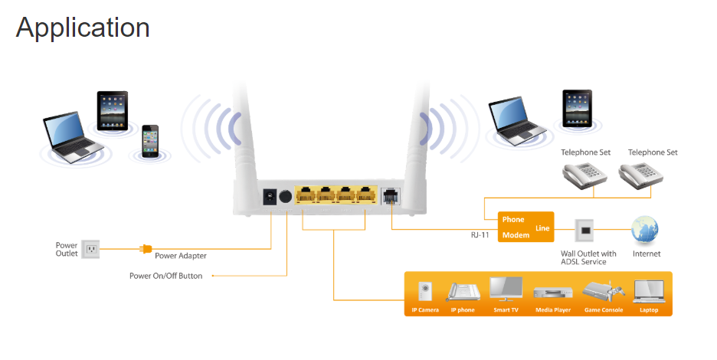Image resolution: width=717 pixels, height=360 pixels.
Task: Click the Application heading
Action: pos(83,27)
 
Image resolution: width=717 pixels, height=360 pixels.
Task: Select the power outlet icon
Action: pos(90,249)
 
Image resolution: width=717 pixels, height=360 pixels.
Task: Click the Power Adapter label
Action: pos(181,256)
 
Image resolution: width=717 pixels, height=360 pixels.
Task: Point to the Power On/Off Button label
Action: pos(166,276)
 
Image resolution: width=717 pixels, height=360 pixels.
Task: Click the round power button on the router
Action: pos(286,195)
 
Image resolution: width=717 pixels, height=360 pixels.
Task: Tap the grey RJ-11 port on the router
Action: pos(389,196)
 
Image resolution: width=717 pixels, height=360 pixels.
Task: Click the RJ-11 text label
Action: pos(480,236)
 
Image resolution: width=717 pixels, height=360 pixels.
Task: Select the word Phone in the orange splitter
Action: pos(513,220)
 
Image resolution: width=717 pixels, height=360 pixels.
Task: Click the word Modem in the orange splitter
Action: pos(516,235)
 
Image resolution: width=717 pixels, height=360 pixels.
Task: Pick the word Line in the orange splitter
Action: pos(542,227)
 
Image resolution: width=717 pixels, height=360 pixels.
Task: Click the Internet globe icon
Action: pos(645,230)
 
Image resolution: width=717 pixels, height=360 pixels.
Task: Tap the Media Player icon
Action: pos(552,293)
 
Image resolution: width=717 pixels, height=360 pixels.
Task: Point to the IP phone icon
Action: pos(463,292)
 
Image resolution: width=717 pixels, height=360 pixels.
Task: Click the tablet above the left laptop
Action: pos(112,110)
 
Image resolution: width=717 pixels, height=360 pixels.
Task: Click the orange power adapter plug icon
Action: pos(146,249)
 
